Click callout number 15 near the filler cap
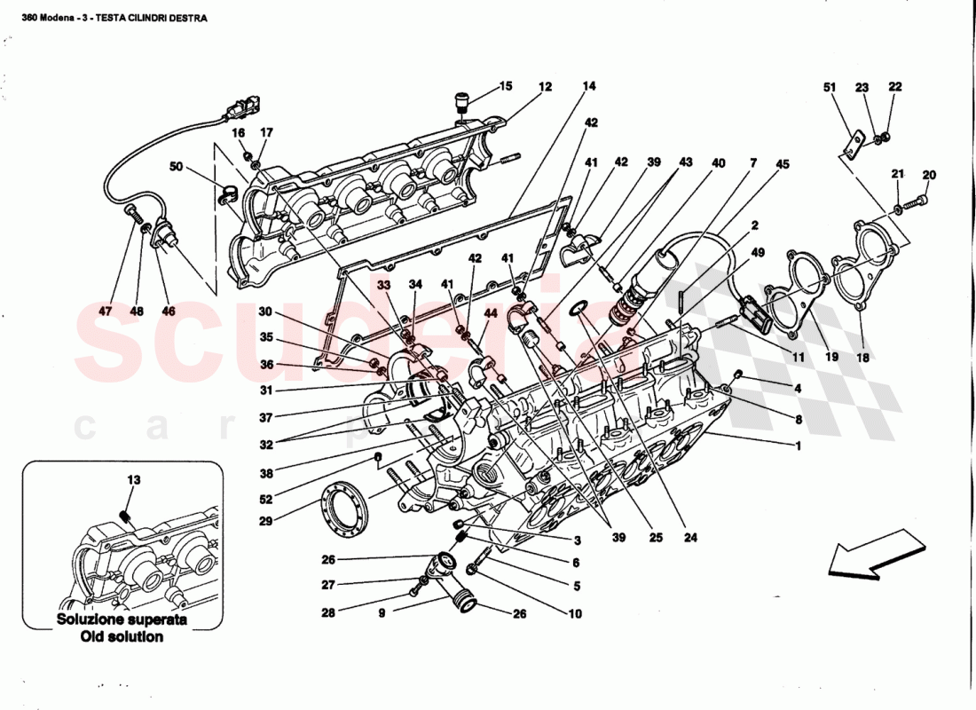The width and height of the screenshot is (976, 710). click(x=505, y=86)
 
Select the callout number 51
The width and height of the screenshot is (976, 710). click(x=830, y=87)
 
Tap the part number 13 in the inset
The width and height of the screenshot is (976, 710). click(x=133, y=480)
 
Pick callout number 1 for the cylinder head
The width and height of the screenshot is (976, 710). click(x=798, y=446)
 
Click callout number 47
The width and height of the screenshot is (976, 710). click(x=106, y=312)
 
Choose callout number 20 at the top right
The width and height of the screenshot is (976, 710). click(x=929, y=174)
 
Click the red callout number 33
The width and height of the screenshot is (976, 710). click(x=382, y=285)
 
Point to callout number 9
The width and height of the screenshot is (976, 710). click(x=382, y=612)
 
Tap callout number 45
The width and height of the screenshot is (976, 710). click(x=782, y=163)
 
